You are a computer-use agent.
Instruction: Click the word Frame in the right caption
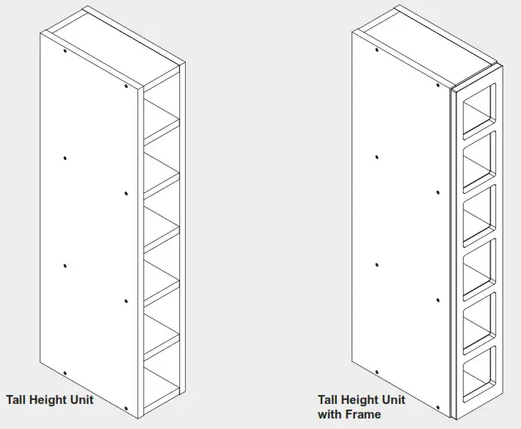tap(362, 414)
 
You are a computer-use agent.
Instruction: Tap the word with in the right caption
tap(329, 414)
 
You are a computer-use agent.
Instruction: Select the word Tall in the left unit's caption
tap(19, 399)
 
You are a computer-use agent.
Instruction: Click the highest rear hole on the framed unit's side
tap(376, 50)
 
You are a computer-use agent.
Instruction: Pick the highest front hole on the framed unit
tap(437, 85)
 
